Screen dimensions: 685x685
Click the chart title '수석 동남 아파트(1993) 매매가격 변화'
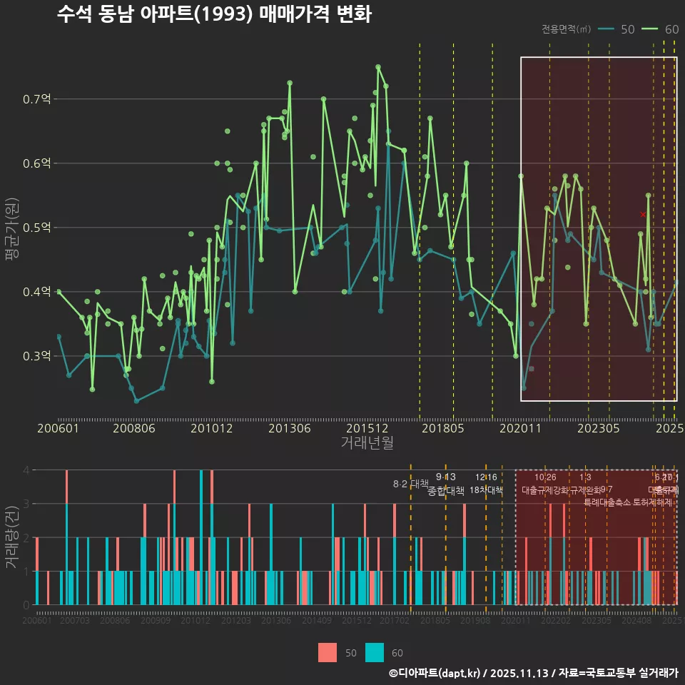(x=213, y=14)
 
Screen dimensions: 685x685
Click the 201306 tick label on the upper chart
(x=288, y=429)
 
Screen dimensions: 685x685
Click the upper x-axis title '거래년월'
(x=367, y=443)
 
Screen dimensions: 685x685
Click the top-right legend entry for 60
(x=661, y=29)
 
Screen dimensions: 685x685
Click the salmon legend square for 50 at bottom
(x=328, y=652)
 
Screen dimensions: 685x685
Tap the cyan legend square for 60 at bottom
(x=375, y=652)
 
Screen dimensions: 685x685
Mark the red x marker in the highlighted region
(x=643, y=214)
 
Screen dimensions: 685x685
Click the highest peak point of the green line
(x=378, y=67)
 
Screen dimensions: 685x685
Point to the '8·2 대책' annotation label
(x=410, y=484)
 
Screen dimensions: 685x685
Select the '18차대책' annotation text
(x=486, y=490)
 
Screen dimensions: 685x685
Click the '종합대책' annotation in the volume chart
(x=446, y=491)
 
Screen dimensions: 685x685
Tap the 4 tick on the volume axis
(x=26, y=470)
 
